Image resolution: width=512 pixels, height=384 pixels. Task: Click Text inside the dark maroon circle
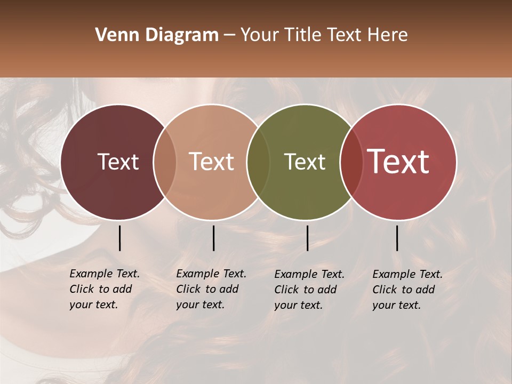point(118,162)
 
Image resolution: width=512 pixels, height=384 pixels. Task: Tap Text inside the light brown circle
point(212,162)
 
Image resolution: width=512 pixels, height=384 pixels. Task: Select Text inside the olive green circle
point(305,162)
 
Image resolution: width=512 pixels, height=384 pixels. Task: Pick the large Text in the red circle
point(398,162)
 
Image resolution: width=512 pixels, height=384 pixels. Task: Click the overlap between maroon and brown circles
point(165,162)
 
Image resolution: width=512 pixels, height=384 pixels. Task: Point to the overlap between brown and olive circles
point(258,162)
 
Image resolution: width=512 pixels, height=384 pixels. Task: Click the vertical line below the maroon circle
point(119,238)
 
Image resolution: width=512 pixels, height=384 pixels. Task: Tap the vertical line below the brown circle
point(213,238)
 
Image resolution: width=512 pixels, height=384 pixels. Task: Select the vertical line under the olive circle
point(307,238)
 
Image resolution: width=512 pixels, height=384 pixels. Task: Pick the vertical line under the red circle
point(397,238)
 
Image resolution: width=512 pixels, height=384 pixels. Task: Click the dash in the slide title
point(229,36)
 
